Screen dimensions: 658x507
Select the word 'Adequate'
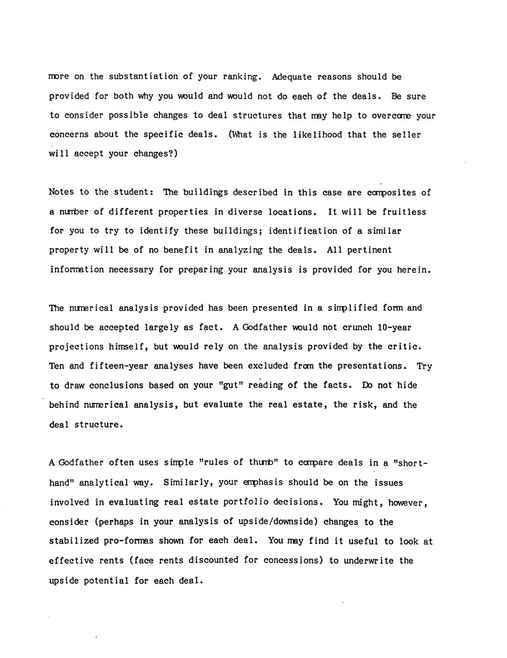[292, 76]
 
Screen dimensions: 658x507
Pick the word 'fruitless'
[403, 212]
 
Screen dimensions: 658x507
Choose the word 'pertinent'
[369, 250]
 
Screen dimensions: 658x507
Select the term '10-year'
[394, 327]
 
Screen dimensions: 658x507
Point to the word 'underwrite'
[367, 560]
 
